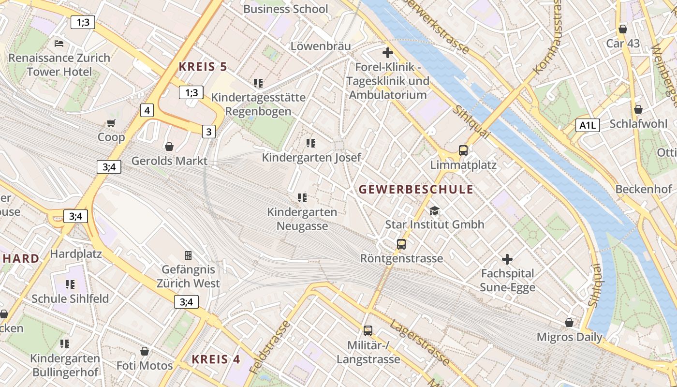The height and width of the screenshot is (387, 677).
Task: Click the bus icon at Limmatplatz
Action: [463, 150]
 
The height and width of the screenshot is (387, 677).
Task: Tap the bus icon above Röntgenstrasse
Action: [401, 244]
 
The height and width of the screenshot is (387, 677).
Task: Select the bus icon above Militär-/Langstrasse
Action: [368, 331]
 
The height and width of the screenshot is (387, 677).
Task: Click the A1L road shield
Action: [588, 126]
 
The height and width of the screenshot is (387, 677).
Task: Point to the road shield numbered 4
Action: [147, 110]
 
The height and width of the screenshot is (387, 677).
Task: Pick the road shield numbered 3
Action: [208, 132]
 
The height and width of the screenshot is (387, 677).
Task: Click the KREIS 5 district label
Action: [203, 67]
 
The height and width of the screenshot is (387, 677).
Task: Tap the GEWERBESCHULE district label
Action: [416, 189]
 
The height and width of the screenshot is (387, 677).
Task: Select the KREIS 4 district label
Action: [216, 359]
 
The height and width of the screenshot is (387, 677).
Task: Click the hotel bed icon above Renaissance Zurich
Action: [59, 44]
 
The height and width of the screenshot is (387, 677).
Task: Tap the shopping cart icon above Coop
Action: [111, 123]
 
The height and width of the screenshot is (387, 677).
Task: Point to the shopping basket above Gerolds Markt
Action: [169, 146]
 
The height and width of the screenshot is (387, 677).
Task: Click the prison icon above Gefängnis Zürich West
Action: [188, 255]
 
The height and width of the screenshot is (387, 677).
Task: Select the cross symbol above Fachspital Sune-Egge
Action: [507, 259]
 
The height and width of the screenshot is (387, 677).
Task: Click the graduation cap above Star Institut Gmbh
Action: [434, 210]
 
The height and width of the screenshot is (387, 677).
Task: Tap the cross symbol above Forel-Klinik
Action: [387, 52]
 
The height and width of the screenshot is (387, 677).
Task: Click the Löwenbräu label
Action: [320, 46]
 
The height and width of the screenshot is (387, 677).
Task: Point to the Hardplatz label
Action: [75, 253]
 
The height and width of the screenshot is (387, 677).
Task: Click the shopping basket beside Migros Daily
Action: [569, 323]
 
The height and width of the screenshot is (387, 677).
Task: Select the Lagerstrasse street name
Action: [420, 342]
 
